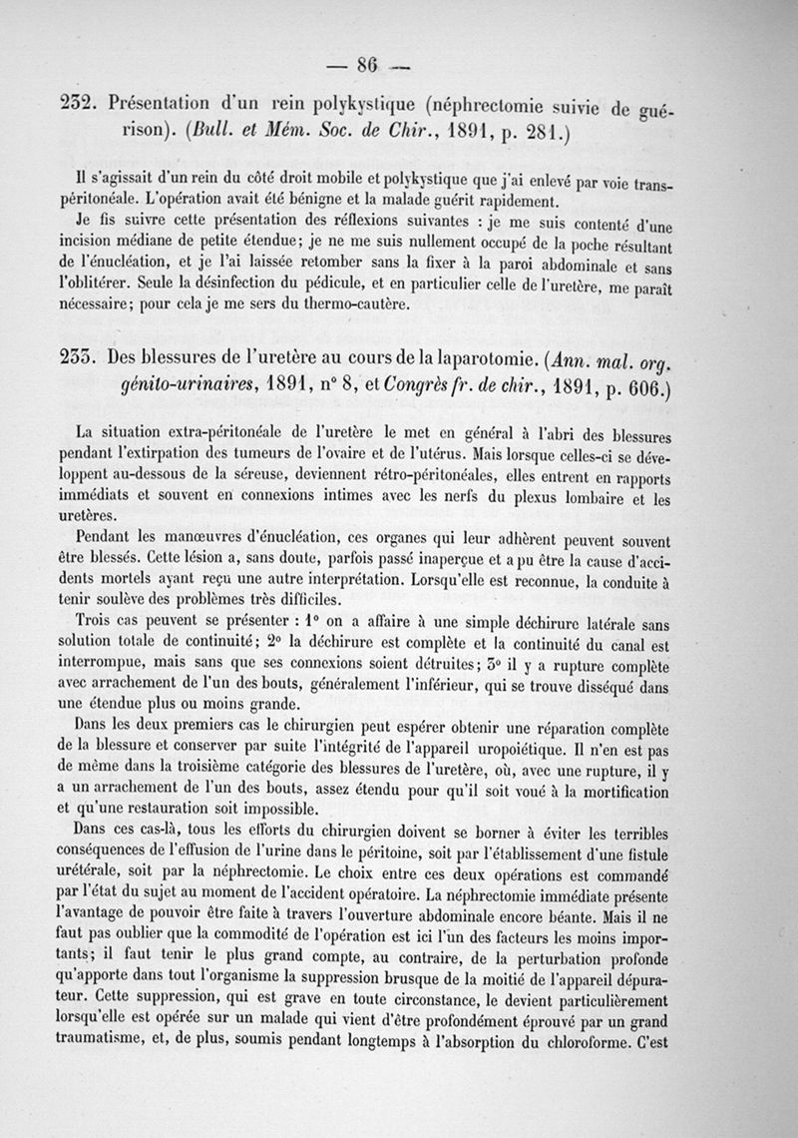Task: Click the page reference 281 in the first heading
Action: coord(542,131)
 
